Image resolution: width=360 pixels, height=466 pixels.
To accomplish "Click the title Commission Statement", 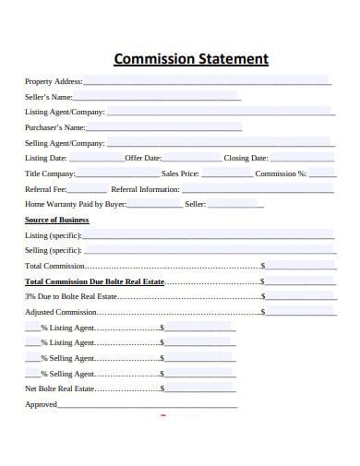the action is click(x=191, y=60).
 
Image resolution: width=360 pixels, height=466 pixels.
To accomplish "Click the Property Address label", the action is click(x=54, y=82).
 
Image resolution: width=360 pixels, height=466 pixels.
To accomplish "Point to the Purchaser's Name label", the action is click(x=55, y=127).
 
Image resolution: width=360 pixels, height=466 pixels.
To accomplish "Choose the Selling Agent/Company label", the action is click(x=65, y=143).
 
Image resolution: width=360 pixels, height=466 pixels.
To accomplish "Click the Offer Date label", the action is click(x=143, y=158).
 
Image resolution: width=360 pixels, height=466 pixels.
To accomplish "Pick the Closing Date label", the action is click(x=246, y=158).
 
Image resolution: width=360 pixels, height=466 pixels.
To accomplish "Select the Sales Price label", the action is click(x=180, y=173).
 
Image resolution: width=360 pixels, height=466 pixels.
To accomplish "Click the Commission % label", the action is click(x=281, y=173).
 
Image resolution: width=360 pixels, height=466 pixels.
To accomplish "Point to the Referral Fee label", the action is click(x=45, y=189).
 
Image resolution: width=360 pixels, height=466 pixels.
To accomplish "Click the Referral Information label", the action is click(x=145, y=189).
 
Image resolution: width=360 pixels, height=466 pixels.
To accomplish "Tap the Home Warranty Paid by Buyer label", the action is click(x=76, y=204).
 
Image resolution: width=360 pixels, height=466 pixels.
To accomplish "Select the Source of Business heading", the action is click(x=56, y=221).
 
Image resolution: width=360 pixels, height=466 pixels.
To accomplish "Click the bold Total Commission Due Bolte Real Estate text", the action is click(x=95, y=281).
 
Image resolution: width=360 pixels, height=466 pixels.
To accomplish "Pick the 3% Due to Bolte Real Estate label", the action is click(x=71, y=297).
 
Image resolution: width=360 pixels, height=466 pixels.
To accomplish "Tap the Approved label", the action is click(x=42, y=404).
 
